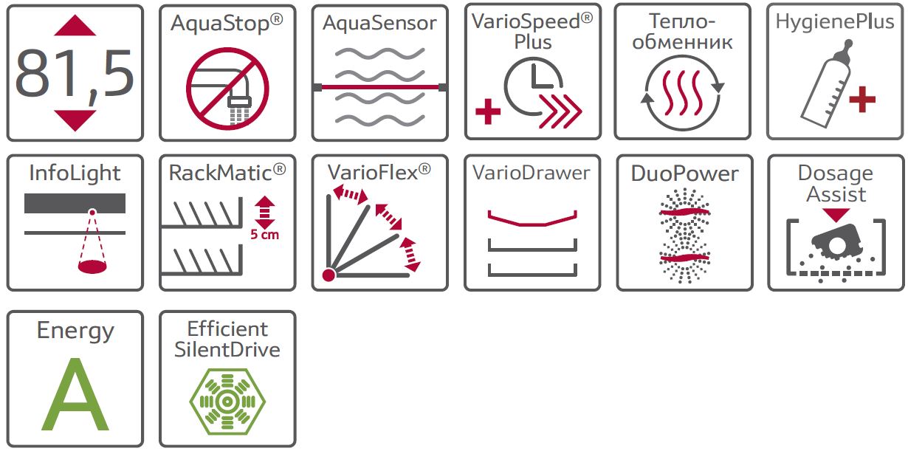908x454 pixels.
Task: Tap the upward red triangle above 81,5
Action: [75, 27]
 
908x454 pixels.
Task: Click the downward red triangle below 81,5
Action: [75, 120]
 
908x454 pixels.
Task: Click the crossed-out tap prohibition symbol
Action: [227, 87]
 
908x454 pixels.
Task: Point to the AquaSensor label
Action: [379, 23]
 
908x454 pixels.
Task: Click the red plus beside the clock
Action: [487, 113]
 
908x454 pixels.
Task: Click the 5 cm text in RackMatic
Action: [264, 235]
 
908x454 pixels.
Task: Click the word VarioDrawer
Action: [532, 173]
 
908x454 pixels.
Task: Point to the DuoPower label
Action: [684, 174]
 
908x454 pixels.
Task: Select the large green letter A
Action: [75, 395]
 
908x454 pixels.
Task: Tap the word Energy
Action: [75, 331]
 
